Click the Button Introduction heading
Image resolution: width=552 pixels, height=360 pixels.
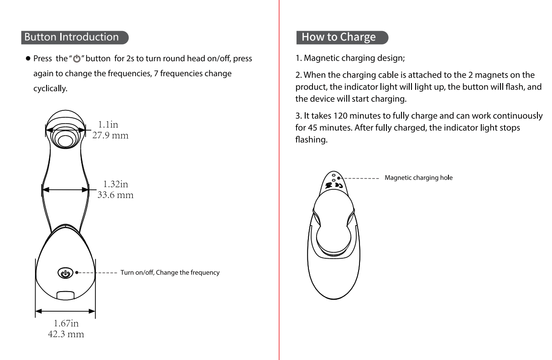[x=72, y=37]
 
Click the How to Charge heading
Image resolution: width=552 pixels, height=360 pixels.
[x=338, y=37]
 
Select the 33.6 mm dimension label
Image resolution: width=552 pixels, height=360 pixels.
[x=115, y=195]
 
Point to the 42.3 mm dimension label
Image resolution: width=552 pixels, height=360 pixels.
[x=66, y=334]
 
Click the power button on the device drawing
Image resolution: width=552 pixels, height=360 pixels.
[x=64, y=273]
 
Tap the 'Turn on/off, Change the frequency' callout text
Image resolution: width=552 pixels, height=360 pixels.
[x=170, y=272]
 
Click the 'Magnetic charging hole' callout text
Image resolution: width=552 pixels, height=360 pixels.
[x=418, y=177]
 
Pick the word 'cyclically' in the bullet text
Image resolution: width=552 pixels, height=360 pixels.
[x=50, y=89]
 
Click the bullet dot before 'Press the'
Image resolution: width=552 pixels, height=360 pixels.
[x=28, y=59]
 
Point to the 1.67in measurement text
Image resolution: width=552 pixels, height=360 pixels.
[x=66, y=323]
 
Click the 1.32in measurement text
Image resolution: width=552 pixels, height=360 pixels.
[x=115, y=184]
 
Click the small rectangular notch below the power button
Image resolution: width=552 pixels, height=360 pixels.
[x=64, y=294]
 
